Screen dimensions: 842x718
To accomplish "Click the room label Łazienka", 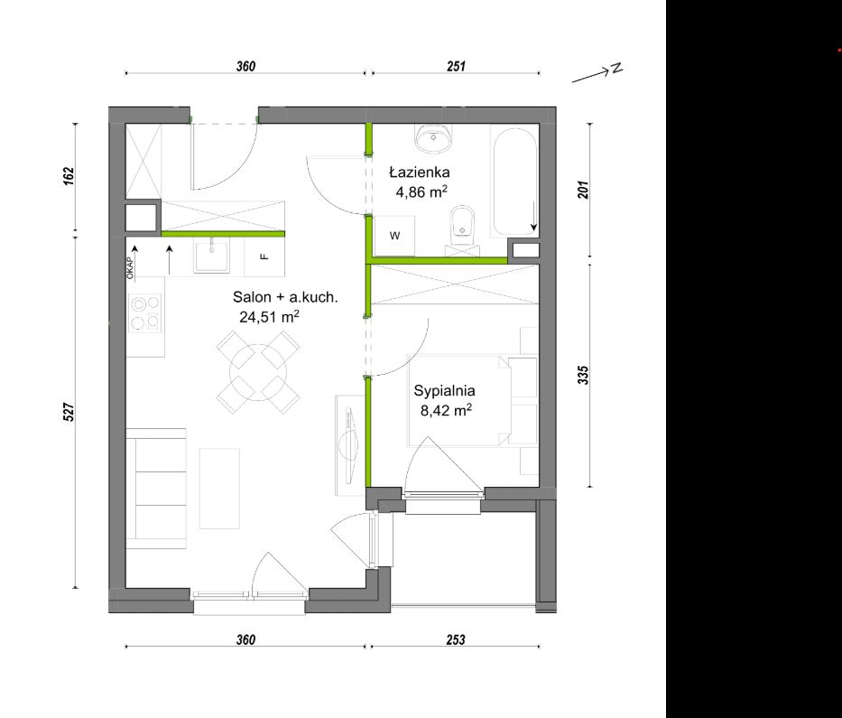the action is [x=420, y=172].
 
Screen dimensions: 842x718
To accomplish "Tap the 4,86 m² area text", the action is [x=421, y=191].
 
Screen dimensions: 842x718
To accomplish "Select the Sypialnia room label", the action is [x=444, y=391].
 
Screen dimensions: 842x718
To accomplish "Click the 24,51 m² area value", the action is [x=269, y=316].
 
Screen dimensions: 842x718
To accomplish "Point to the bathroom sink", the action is [x=433, y=137].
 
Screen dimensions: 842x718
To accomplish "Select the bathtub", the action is [x=514, y=182].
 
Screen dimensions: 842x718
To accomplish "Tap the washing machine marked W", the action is [x=394, y=236].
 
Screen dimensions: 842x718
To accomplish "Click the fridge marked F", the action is [x=264, y=256].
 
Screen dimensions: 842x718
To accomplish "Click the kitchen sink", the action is [x=211, y=256].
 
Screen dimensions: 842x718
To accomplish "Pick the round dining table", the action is [x=258, y=372].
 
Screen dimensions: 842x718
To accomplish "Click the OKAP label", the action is [x=130, y=267].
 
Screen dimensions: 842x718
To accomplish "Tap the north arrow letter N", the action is [x=617, y=68].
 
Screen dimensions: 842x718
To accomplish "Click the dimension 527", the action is [x=69, y=412].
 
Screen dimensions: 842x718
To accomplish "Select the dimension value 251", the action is [x=456, y=66].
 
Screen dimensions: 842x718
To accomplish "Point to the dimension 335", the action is [x=583, y=375].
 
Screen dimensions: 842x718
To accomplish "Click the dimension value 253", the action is [x=456, y=639].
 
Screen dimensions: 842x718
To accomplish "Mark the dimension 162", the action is [x=69, y=176].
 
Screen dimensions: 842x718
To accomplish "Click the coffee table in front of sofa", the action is [x=219, y=489].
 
